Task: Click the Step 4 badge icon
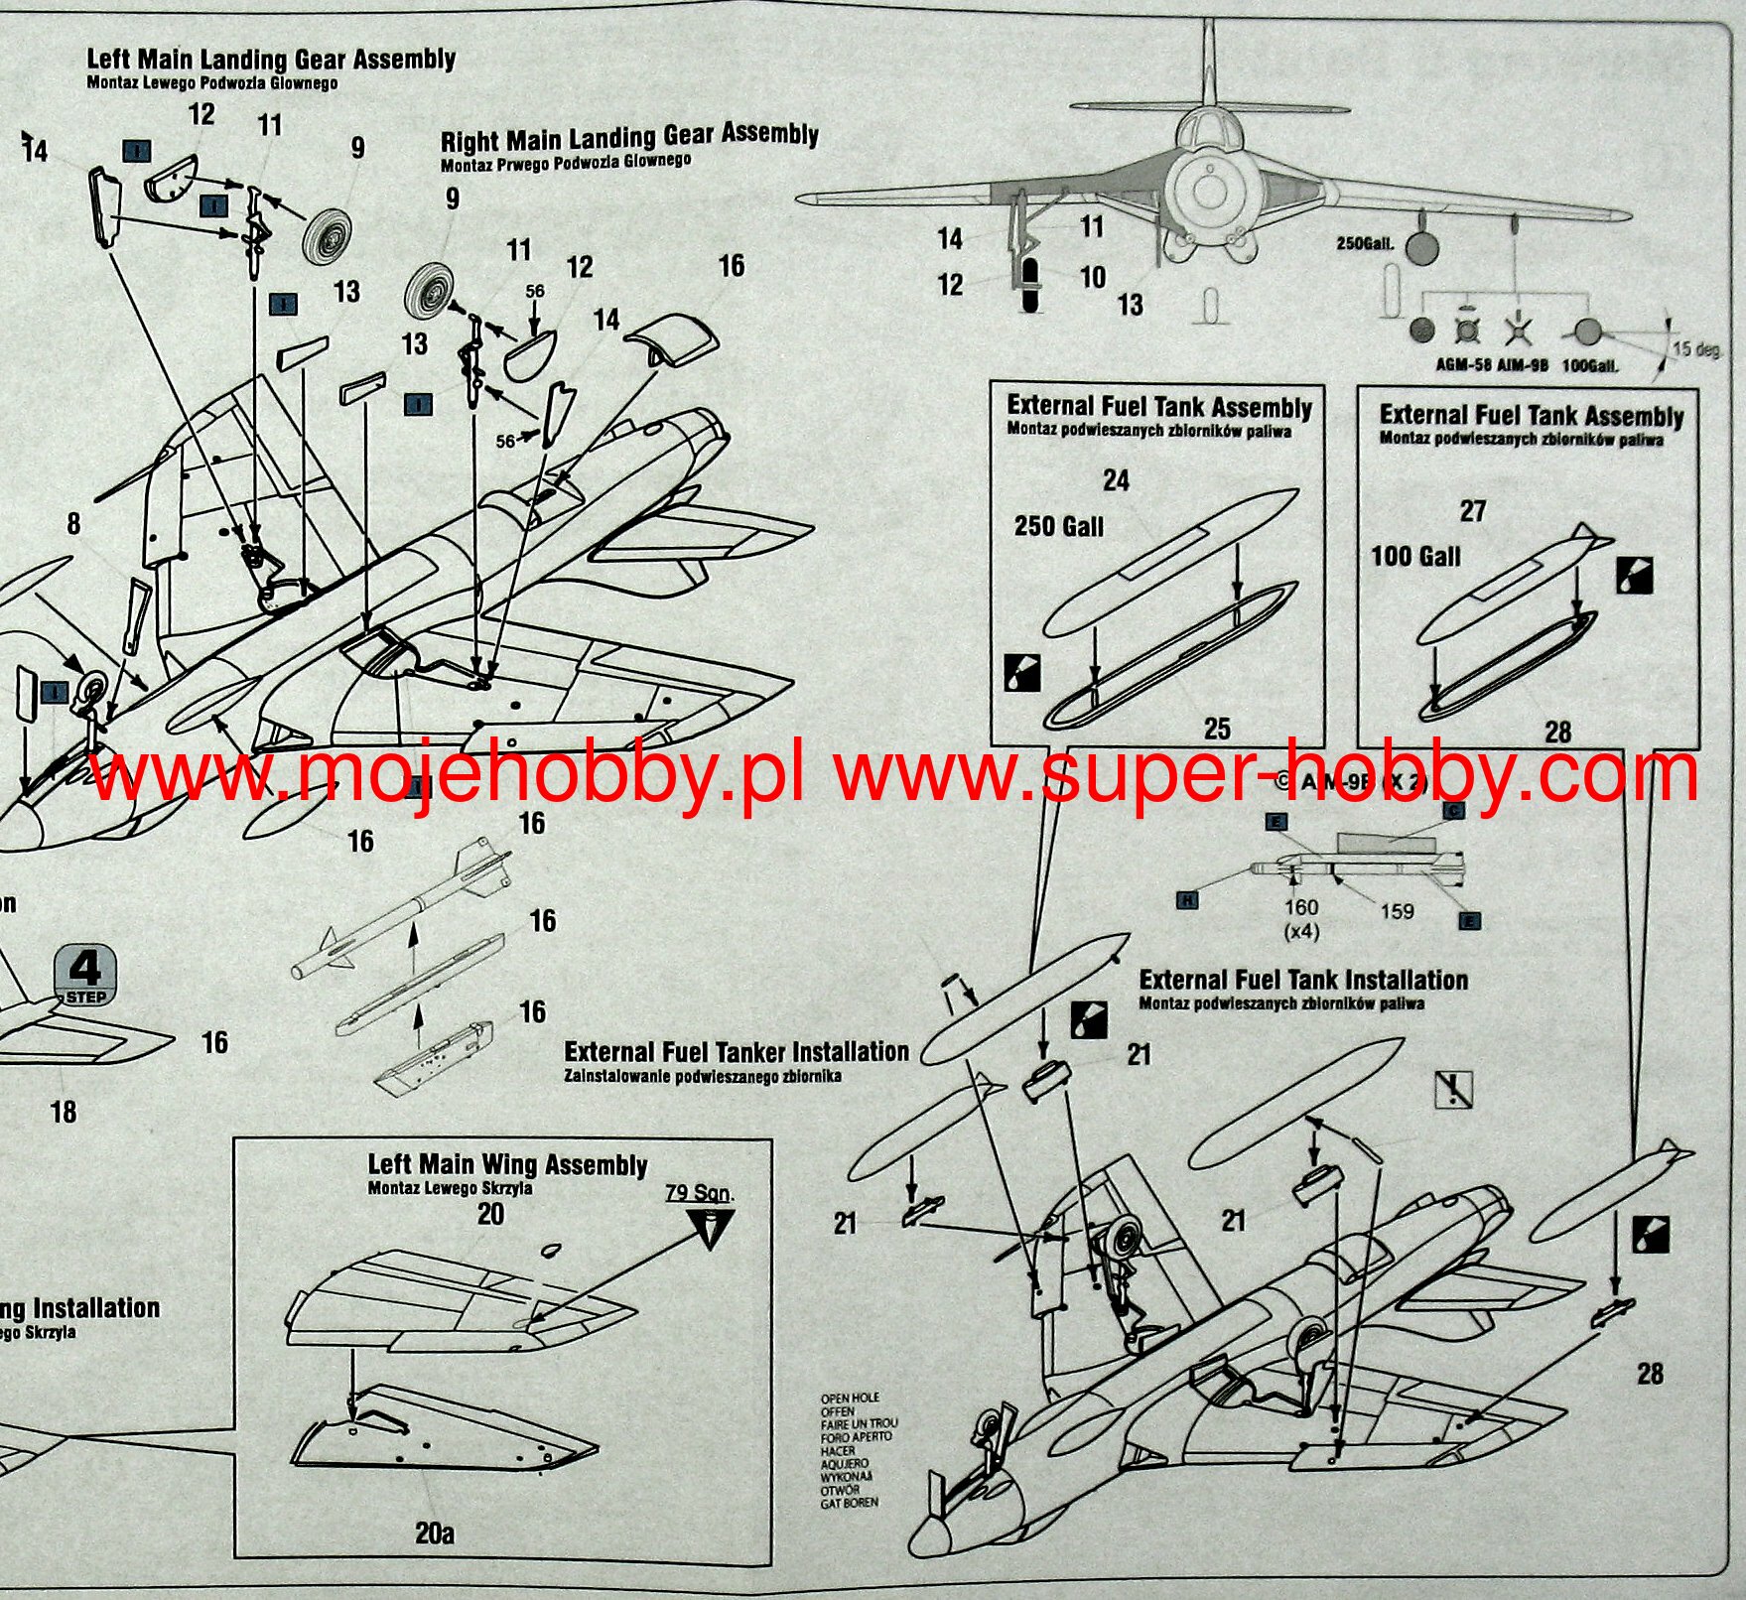click(x=86, y=976)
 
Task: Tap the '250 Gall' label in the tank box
click(x=1058, y=526)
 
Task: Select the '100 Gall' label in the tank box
click(x=1415, y=556)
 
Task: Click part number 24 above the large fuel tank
click(x=1116, y=481)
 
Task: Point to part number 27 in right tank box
click(x=1472, y=511)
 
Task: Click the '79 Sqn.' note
click(x=699, y=1192)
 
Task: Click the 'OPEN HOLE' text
click(x=850, y=1398)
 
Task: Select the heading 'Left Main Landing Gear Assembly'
click(x=271, y=60)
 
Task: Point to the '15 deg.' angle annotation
click(x=1694, y=349)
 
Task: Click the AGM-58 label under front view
click(x=1463, y=365)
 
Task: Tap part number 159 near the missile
click(x=1397, y=911)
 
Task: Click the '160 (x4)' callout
click(x=1300, y=918)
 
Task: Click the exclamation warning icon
click(x=1453, y=1090)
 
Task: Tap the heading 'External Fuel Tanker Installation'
click(x=736, y=1051)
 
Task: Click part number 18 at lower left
click(x=63, y=1112)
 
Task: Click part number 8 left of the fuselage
click(x=73, y=524)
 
